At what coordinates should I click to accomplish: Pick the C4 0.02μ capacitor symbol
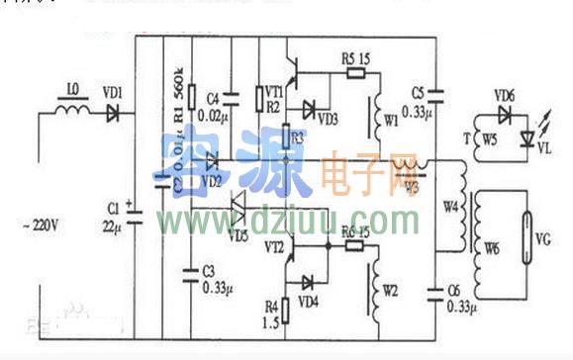coord(231,96)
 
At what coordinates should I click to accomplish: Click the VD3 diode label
coord(329,121)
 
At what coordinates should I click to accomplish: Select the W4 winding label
coord(451,208)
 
